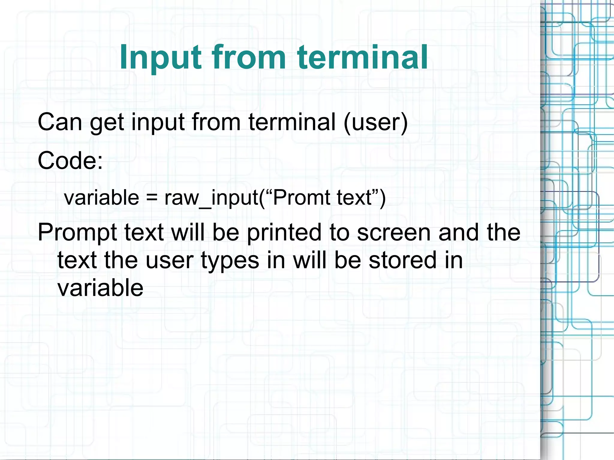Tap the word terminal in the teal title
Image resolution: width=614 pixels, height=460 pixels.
pos(362,57)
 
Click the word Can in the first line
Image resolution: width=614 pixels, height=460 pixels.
pos(60,122)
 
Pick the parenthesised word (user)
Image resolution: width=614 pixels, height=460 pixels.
pos(376,122)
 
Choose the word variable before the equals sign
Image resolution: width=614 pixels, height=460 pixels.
pos(102,198)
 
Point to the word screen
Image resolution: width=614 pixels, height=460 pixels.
pos(394,233)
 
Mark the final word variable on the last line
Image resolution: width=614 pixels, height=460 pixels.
pos(100,288)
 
